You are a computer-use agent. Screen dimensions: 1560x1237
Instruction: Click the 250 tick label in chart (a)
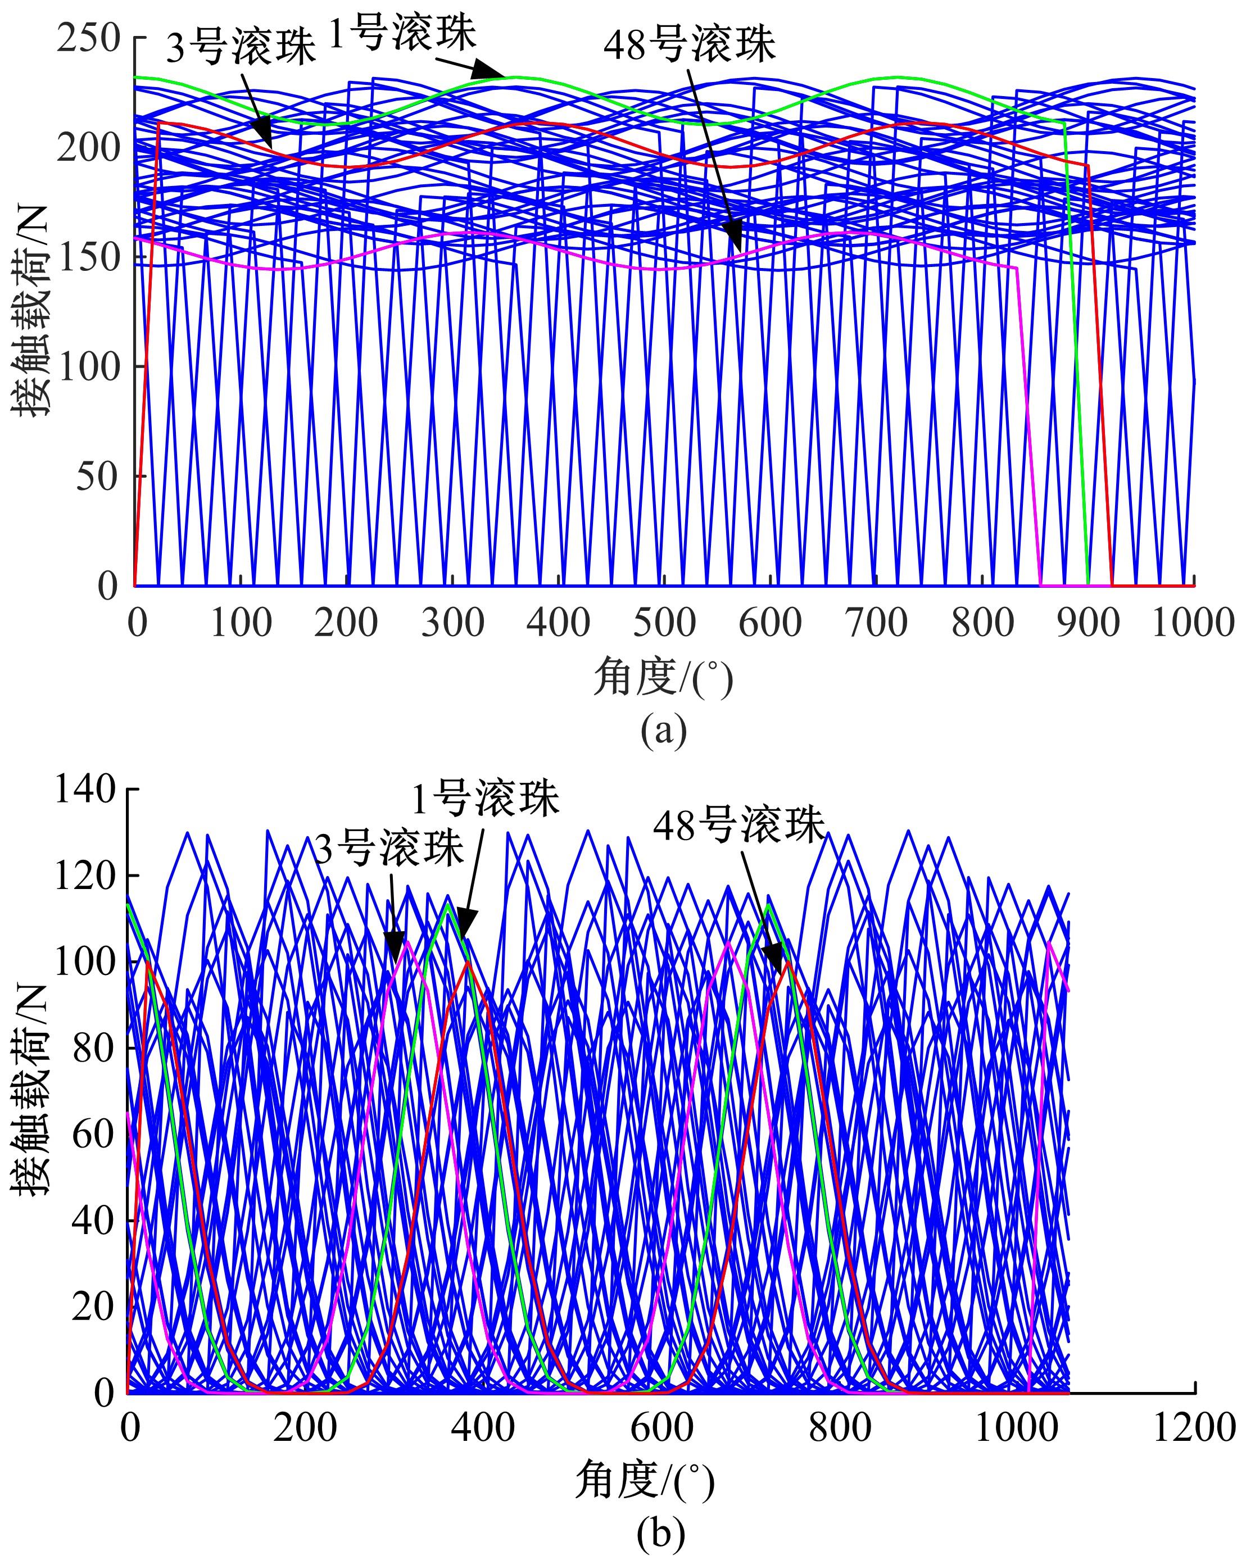[88, 38]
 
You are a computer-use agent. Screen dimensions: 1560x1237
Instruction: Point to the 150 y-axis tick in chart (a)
[88, 257]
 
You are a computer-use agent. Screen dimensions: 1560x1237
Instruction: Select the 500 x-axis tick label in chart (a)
[664, 622]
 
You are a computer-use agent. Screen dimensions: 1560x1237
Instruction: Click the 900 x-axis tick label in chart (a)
[1088, 622]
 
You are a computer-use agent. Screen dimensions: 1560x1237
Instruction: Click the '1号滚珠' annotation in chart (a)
[402, 34]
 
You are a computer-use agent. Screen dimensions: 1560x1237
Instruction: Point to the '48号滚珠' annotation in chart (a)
[690, 45]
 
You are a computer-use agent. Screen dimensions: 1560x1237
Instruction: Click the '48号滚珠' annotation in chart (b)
[739, 825]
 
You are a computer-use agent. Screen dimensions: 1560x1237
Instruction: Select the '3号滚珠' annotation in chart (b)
[389, 848]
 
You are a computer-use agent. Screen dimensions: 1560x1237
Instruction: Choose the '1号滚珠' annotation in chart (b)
[485, 800]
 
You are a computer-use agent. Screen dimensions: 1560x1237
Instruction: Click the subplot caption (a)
[663, 731]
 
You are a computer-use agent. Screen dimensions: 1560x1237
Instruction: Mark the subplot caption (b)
[660, 1530]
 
